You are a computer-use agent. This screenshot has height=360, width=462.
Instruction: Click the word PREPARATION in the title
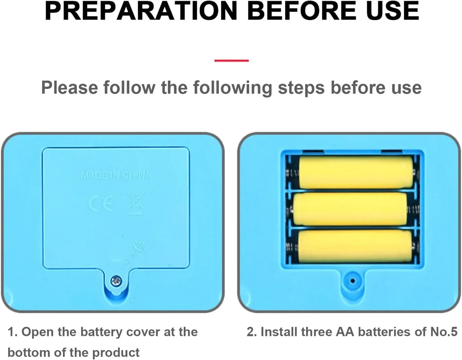click(x=141, y=10)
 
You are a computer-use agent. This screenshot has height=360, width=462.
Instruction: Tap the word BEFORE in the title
click(x=301, y=10)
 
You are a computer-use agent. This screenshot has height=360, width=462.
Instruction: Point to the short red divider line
click(x=231, y=61)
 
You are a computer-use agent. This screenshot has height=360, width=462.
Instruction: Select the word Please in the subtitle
click(x=69, y=87)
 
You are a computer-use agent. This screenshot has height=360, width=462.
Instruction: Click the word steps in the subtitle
click(x=301, y=88)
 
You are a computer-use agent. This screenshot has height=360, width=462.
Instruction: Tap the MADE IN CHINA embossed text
click(x=116, y=175)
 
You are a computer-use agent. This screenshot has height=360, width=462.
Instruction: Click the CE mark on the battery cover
click(x=101, y=204)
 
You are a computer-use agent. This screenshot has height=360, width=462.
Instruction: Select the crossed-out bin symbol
click(x=135, y=203)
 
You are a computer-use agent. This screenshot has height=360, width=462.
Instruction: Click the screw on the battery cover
click(x=117, y=281)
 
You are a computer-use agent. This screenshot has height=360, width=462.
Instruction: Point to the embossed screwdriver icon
click(x=135, y=253)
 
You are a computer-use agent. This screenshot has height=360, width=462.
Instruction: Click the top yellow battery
click(x=356, y=172)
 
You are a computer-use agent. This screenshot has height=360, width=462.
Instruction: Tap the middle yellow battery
click(x=350, y=209)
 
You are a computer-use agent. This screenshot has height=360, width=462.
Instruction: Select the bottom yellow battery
click(x=355, y=247)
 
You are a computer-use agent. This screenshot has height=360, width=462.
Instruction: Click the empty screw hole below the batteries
click(x=352, y=281)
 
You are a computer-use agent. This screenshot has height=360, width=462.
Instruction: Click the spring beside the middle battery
click(x=413, y=210)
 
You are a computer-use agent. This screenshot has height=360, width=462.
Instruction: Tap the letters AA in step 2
click(x=345, y=332)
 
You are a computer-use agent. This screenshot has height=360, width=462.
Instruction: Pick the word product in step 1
click(x=116, y=352)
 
